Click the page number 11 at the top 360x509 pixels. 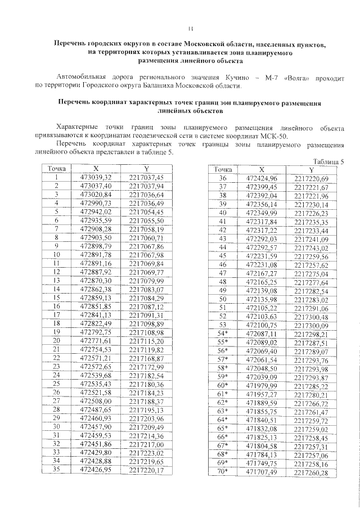(x=191, y=28)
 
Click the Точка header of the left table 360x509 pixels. (x=57, y=169)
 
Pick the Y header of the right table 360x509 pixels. (x=311, y=170)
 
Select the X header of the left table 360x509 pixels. (x=96, y=169)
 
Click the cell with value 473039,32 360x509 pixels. (x=96, y=177)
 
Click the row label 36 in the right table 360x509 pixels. (x=222, y=179)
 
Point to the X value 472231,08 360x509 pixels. (x=262, y=264)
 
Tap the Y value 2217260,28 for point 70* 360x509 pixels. (x=310, y=472)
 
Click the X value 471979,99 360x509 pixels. (x=262, y=386)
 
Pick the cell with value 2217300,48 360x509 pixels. (x=310, y=316)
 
